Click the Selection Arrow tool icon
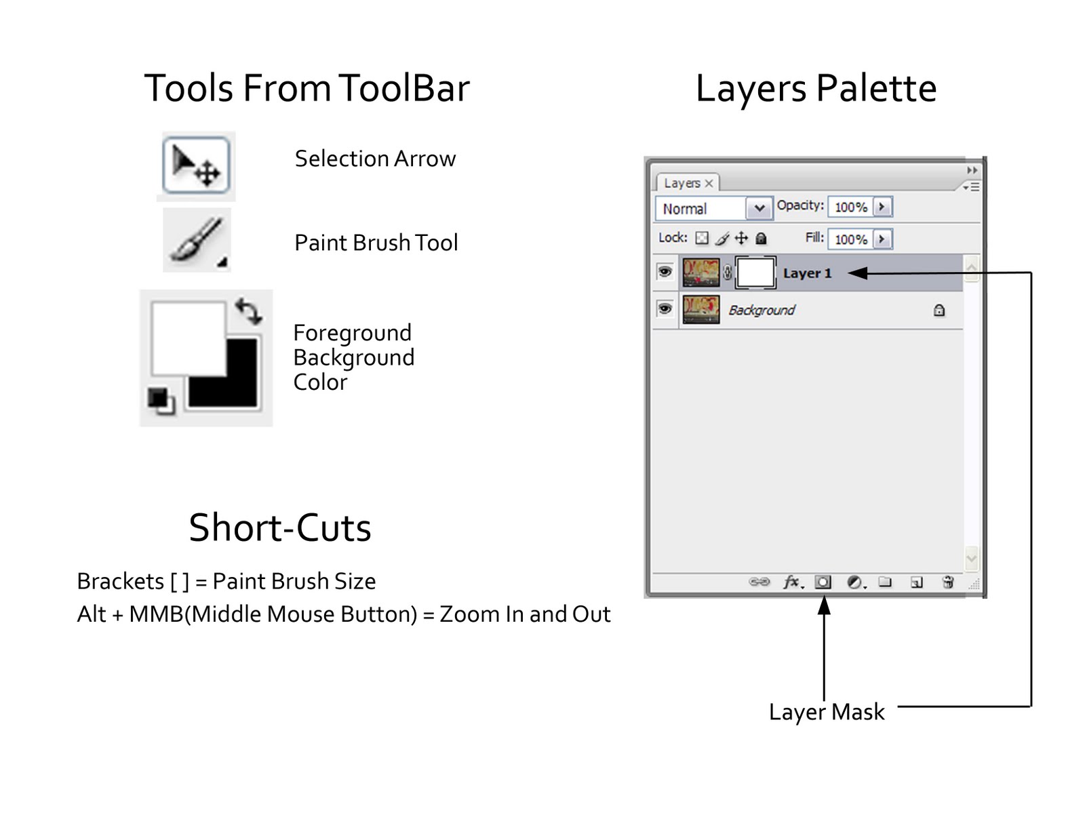tap(196, 165)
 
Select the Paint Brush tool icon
tap(197, 240)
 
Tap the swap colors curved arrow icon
tap(248, 311)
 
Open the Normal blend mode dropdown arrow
tap(759, 208)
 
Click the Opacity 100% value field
tap(850, 207)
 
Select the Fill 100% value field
tap(850, 239)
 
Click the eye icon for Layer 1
tap(665, 273)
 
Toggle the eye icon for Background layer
tap(665, 309)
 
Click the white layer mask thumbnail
tap(755, 273)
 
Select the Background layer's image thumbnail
tap(701, 310)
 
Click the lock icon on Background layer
tap(939, 311)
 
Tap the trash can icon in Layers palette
tap(948, 582)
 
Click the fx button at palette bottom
tap(791, 582)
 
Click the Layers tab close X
tap(709, 183)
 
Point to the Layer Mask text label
tap(827, 712)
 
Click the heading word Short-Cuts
tap(279, 527)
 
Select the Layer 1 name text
tap(807, 273)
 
